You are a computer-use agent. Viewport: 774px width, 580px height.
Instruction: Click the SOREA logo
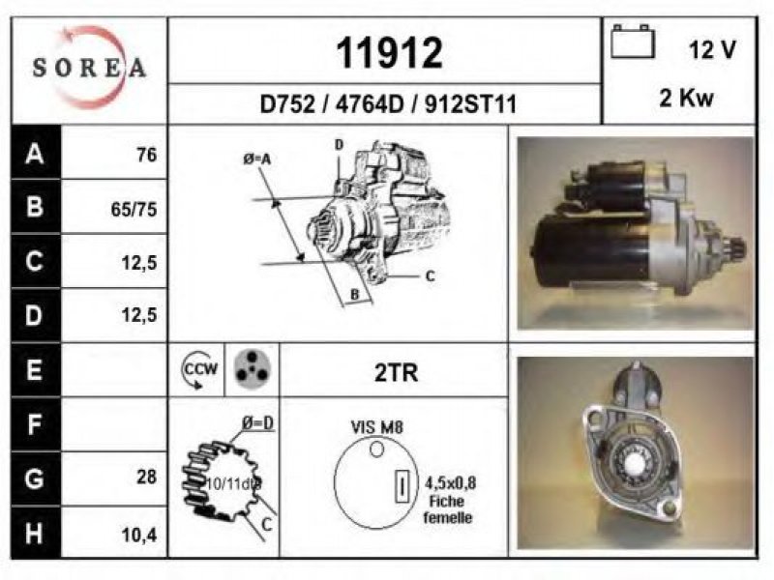89,67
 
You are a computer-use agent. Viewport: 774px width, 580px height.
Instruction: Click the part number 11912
389,53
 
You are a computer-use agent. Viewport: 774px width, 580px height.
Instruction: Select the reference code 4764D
370,104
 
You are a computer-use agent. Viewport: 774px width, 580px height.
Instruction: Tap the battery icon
633,42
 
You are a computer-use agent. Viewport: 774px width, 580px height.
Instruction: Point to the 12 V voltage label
712,49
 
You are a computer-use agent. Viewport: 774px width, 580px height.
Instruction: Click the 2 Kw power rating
687,98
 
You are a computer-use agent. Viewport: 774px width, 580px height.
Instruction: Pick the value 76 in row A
147,155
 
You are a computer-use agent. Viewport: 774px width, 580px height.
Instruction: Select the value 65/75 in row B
134,209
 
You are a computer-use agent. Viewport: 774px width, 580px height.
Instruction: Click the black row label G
35,478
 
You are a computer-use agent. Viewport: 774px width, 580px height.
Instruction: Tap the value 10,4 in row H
138,535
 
